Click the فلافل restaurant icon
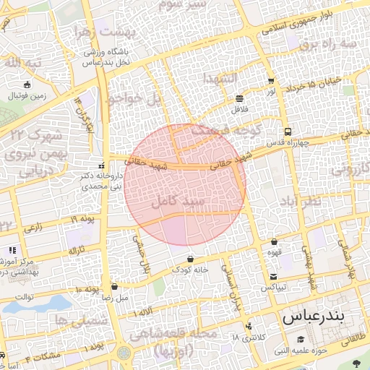(x=239, y=98)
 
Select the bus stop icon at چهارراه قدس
(x=288, y=132)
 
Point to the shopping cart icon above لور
(x=270, y=81)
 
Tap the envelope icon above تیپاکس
(x=273, y=277)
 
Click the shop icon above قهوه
(x=274, y=242)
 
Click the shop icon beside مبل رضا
(x=115, y=286)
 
